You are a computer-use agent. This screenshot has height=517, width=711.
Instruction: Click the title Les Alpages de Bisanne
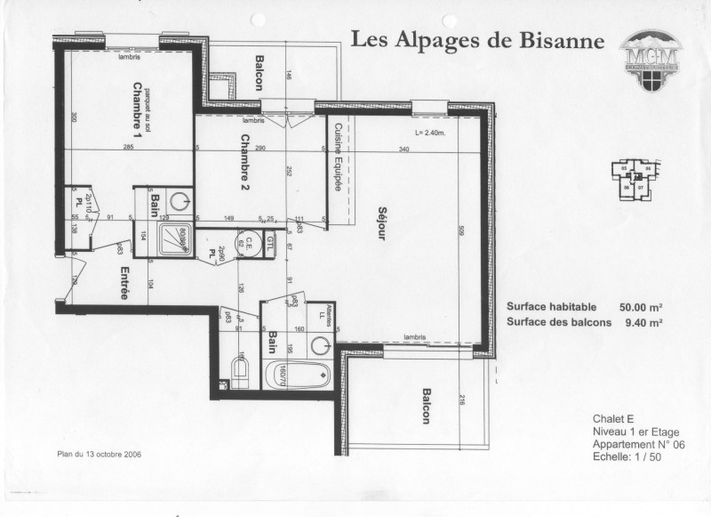(477, 41)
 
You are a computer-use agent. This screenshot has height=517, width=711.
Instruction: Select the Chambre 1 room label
(138, 105)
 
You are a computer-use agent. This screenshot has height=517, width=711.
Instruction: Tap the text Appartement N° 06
(632, 444)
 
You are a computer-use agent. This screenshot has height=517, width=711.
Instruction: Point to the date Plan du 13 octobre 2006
(99, 454)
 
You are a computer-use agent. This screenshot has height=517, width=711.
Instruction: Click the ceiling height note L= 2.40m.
(429, 134)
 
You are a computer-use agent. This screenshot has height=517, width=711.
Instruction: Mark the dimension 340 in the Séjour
(404, 149)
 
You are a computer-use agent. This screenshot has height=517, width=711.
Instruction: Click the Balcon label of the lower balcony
(427, 406)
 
